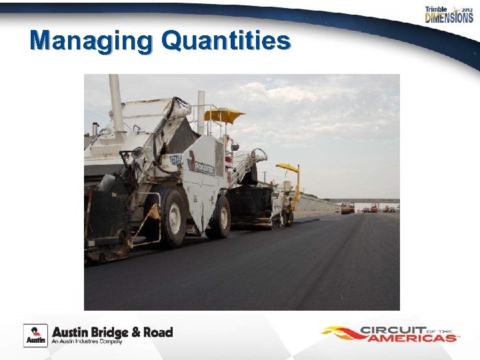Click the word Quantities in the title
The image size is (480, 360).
point(226,41)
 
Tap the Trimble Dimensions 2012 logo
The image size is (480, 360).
point(449,15)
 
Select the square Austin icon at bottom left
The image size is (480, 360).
point(35,335)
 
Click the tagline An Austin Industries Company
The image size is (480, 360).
point(88,342)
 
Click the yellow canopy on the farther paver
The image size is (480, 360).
point(287,167)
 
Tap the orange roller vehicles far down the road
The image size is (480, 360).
point(347,208)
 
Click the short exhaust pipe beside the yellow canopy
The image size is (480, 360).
point(201,111)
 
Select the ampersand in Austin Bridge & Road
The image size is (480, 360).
point(141,332)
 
